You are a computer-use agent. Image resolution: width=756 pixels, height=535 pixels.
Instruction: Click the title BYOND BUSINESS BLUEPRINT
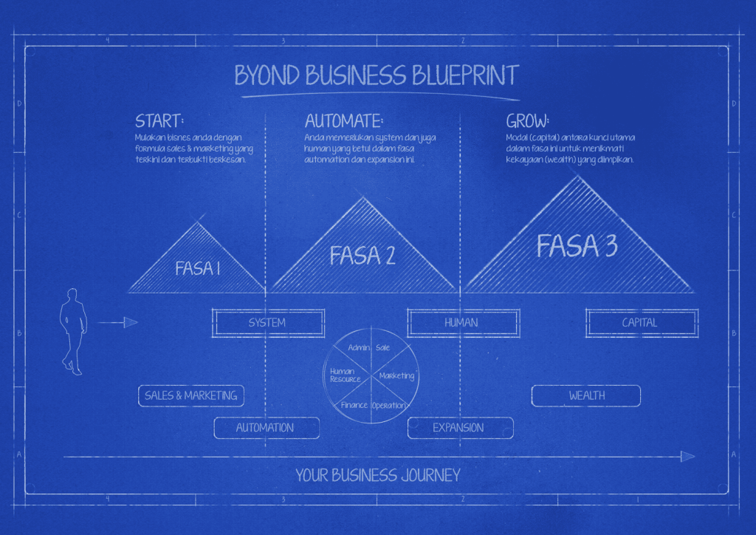[x=377, y=75]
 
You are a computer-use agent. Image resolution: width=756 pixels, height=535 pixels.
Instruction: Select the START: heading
[x=159, y=121]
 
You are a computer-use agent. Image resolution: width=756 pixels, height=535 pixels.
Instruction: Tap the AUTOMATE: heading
[x=344, y=121]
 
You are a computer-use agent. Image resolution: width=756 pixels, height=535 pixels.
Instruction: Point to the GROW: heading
[x=528, y=121]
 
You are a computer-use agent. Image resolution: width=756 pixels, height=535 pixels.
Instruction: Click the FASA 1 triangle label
[x=198, y=268]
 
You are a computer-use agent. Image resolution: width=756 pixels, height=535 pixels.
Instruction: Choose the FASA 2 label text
[x=362, y=256]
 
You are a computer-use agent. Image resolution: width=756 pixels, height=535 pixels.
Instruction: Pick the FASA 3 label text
[x=577, y=246]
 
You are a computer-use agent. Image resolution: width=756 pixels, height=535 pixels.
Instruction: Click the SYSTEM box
[x=267, y=323]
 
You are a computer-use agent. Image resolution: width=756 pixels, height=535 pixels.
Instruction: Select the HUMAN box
[x=461, y=323]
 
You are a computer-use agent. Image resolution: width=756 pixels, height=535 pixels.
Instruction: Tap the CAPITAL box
[x=640, y=323]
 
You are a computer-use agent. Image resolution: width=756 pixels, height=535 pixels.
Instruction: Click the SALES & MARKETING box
[x=191, y=395]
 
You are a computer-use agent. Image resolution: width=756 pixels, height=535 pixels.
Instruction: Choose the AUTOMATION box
[x=266, y=428]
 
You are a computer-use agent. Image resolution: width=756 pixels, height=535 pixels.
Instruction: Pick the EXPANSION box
[x=459, y=428]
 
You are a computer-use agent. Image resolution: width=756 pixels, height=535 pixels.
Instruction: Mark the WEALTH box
[x=587, y=395]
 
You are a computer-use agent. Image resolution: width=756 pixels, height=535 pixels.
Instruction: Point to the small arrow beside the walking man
[x=118, y=322]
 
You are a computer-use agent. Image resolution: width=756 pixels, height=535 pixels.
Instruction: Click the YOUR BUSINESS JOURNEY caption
[x=378, y=475]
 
